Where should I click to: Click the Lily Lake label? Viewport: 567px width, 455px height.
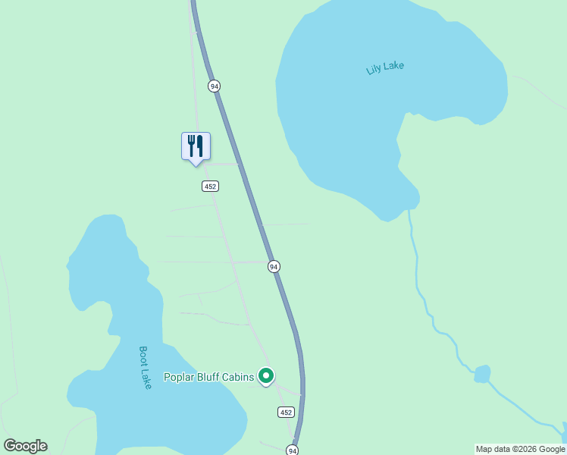tap(385, 67)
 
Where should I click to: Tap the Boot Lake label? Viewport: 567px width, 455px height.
tap(146, 368)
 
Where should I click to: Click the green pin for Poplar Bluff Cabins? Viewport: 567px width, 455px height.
tap(266, 375)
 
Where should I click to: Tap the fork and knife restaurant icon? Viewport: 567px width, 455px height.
tap(196, 146)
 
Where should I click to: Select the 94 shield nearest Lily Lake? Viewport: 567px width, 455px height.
tap(215, 86)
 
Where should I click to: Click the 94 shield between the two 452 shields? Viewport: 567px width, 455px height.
tap(274, 266)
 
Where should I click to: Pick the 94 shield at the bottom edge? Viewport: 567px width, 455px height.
tap(293, 450)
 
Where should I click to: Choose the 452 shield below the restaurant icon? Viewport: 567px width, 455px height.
tap(211, 187)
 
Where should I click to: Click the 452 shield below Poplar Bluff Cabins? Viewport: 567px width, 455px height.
tap(285, 412)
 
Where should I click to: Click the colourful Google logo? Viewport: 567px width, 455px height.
tap(25, 446)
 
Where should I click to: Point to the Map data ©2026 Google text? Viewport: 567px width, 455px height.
tap(520, 449)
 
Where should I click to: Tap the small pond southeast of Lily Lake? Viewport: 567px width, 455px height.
tap(482, 374)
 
